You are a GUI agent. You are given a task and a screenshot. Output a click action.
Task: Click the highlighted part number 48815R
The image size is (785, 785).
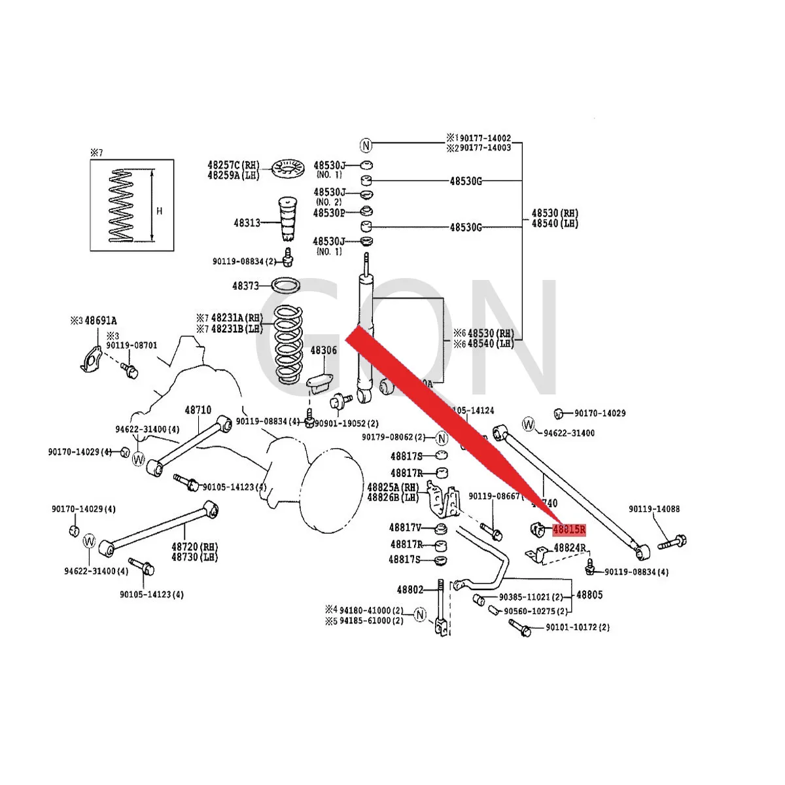(568, 530)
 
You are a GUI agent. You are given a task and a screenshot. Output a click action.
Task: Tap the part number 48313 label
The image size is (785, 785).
(247, 223)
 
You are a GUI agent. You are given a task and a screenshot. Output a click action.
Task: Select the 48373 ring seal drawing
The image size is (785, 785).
(285, 286)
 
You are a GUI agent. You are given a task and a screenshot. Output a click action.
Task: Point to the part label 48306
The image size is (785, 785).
(323, 351)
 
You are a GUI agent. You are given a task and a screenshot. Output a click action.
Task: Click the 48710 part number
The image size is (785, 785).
(198, 410)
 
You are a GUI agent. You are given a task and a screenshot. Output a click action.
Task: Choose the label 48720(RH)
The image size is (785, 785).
(195, 547)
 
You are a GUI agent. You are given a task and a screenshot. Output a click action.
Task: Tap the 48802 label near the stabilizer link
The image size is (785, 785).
(410, 590)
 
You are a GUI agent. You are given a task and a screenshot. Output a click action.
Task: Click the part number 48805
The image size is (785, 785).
(589, 595)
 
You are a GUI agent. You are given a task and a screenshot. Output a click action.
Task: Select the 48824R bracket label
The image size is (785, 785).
(570, 548)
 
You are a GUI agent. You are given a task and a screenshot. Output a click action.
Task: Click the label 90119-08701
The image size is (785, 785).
(131, 345)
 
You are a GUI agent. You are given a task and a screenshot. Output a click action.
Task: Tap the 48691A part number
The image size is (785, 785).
(101, 321)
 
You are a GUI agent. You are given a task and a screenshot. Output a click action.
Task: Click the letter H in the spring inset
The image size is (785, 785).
(159, 211)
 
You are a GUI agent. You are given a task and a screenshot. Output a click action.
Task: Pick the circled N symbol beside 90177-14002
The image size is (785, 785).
(366, 145)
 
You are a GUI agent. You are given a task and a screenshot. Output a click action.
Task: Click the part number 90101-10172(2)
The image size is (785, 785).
(577, 627)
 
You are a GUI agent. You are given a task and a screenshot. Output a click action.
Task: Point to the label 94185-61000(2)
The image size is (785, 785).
(371, 620)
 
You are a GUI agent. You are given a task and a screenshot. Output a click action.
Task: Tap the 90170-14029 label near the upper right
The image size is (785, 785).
(599, 413)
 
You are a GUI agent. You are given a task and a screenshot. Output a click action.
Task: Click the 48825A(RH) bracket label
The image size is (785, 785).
(392, 487)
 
